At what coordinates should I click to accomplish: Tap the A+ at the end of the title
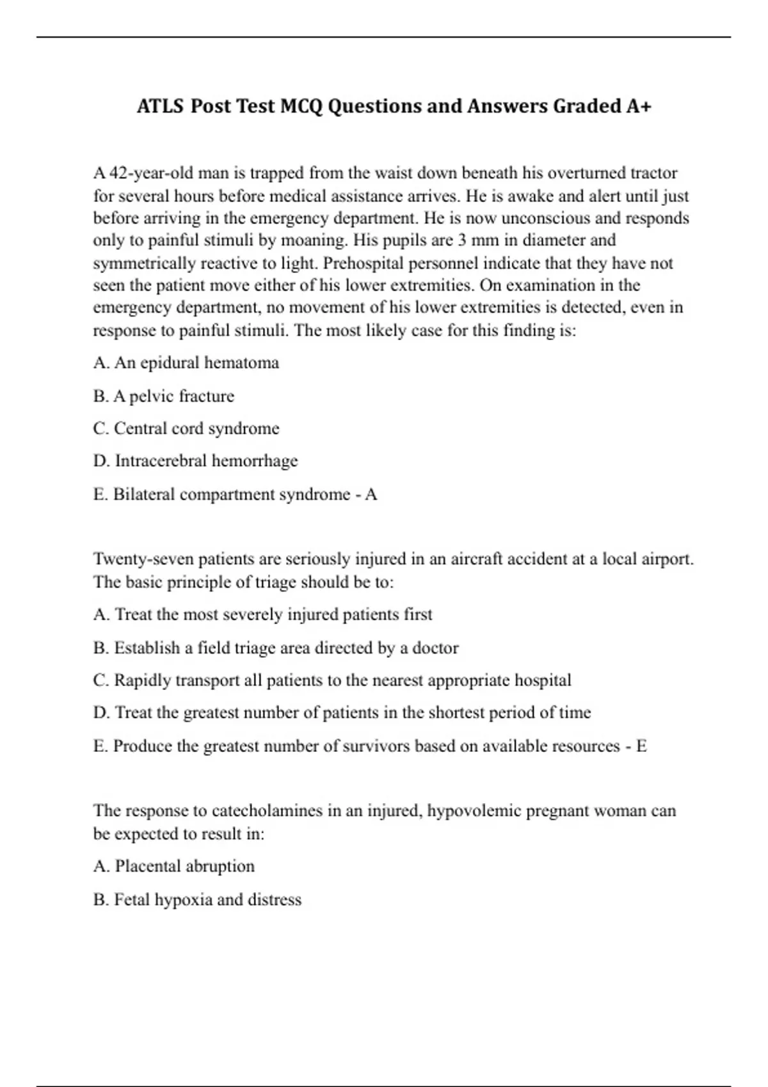[639, 106]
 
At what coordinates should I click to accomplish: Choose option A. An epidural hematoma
[186, 363]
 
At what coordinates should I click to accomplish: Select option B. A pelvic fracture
[164, 396]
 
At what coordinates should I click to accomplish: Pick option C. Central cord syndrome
[186, 428]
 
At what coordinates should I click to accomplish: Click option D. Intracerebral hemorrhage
[195, 461]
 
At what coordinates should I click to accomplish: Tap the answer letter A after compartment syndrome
[371, 494]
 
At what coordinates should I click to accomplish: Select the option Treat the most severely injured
[262, 615]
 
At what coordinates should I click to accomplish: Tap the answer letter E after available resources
[641, 746]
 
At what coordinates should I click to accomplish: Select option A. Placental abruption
[174, 866]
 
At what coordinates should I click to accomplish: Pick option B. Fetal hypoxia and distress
[197, 900]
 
